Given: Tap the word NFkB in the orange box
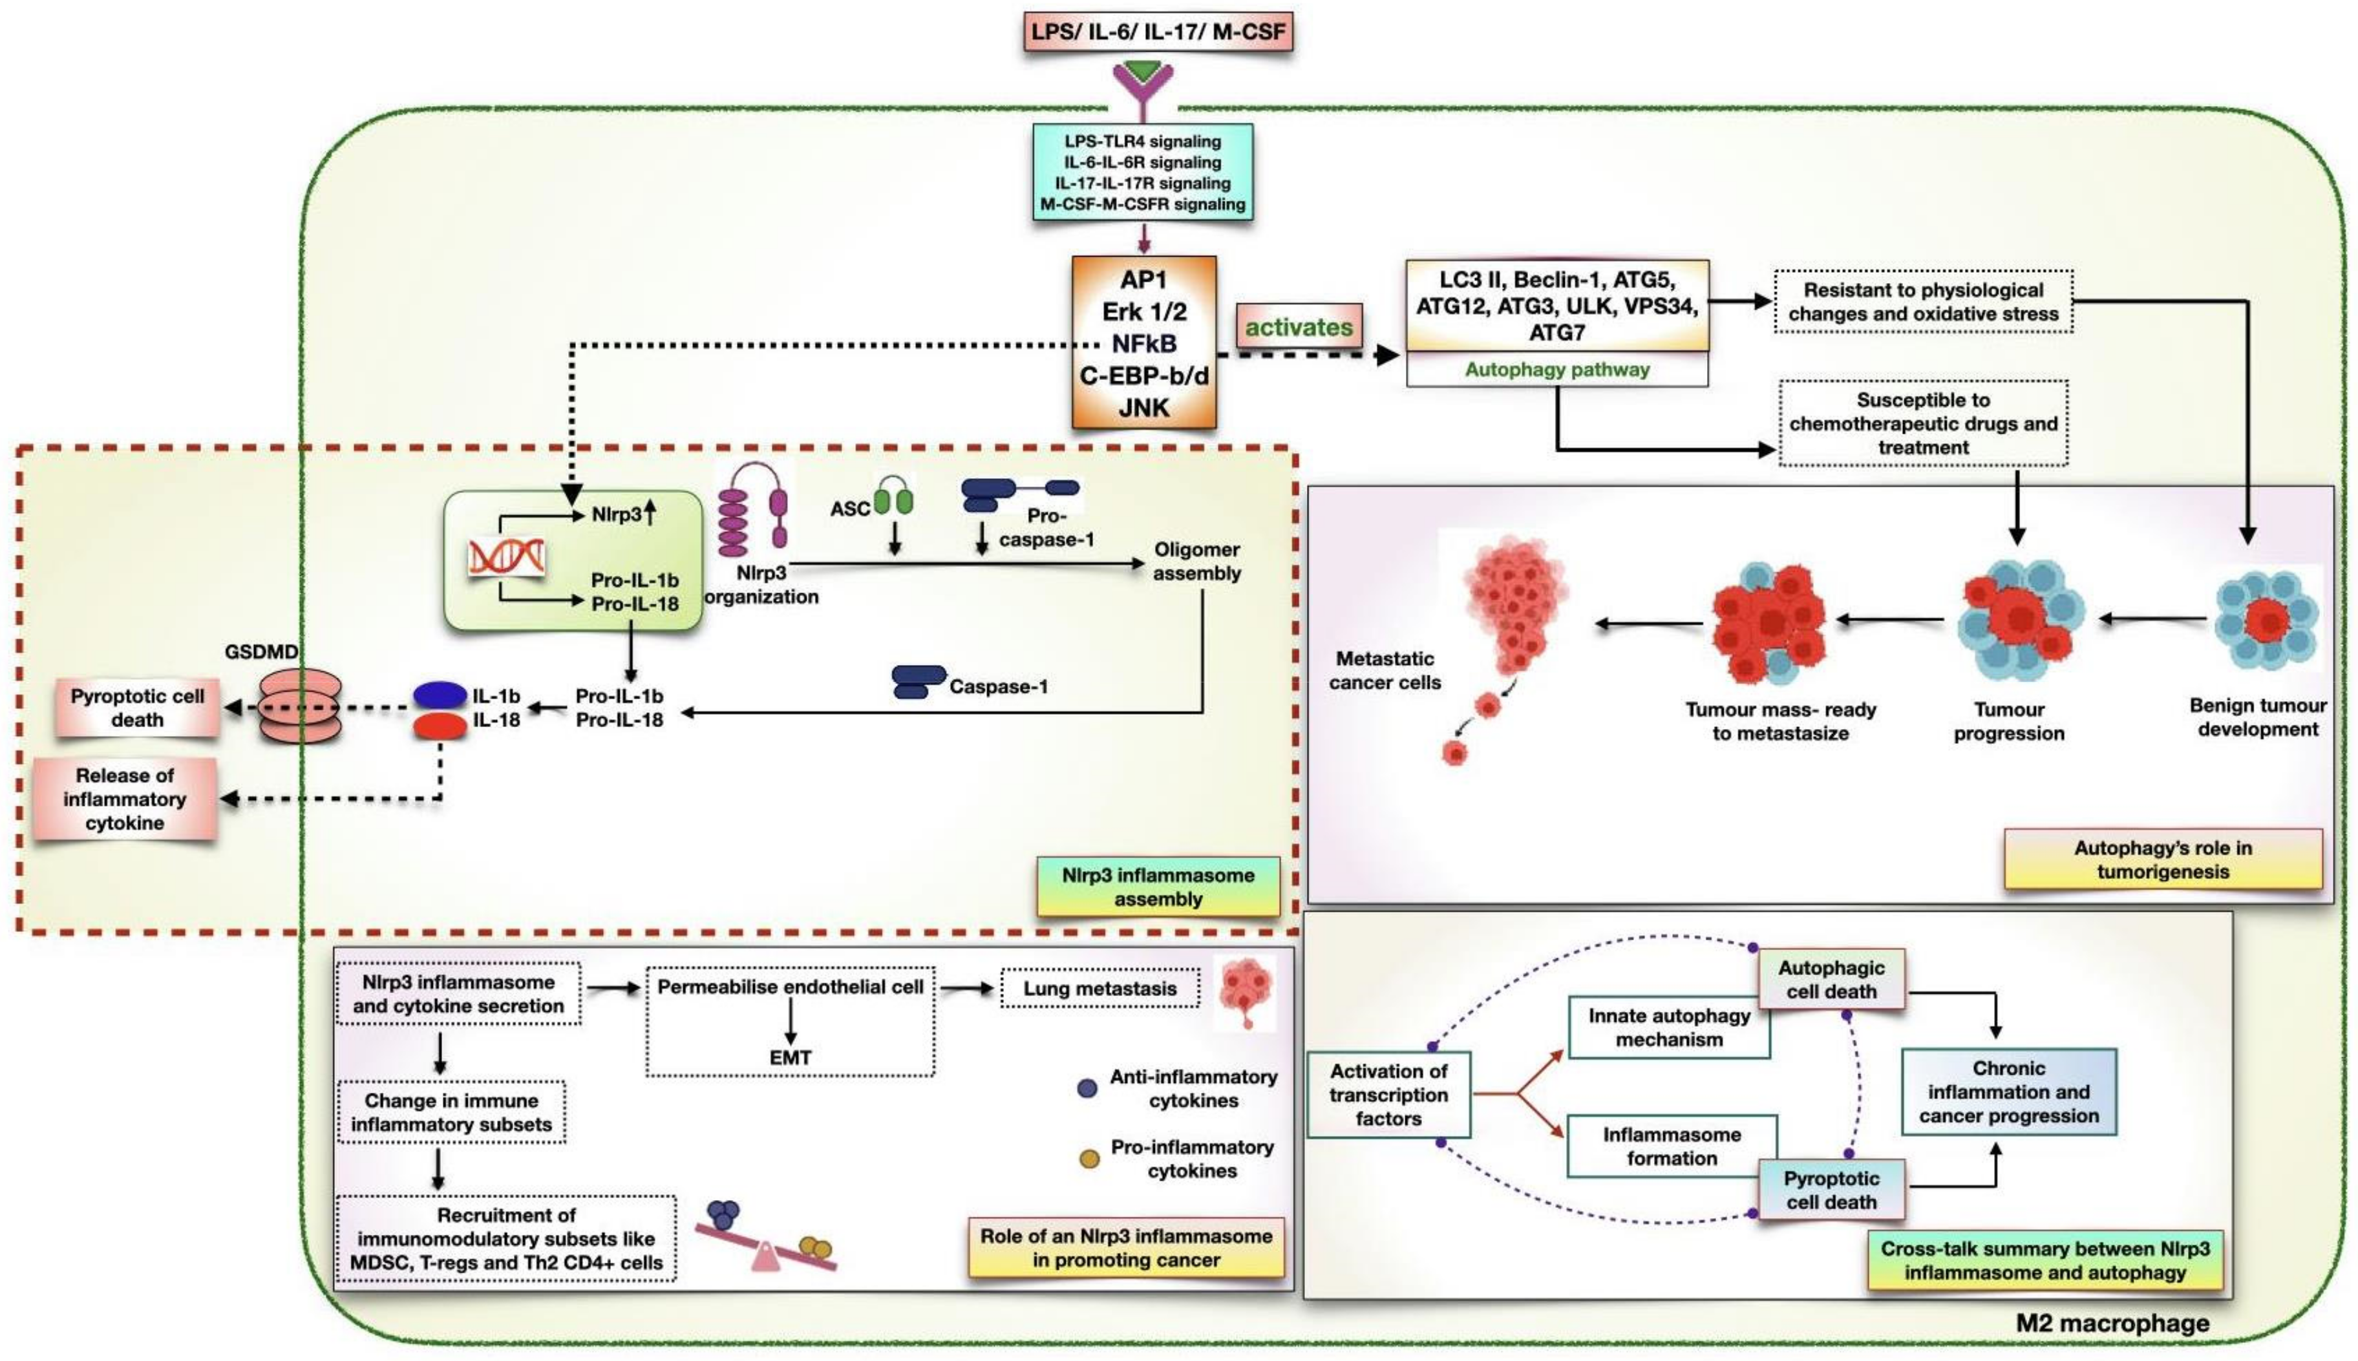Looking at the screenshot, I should point(1143,343).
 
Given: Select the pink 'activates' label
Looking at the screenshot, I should point(1298,327).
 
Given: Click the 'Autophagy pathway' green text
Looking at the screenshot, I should point(1556,369).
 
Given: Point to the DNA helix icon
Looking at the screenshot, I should point(507,557).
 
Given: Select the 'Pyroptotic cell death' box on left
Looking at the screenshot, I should point(138,708).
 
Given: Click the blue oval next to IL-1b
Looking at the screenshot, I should point(440,695).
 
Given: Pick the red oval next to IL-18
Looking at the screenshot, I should point(440,725).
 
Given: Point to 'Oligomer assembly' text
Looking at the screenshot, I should point(1196,561).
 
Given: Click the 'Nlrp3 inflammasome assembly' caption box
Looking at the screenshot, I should point(1158,886).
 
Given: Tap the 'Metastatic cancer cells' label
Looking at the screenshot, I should point(1385,670).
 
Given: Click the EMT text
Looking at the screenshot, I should point(790,1057).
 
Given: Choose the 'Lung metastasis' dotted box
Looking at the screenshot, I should point(1099,989).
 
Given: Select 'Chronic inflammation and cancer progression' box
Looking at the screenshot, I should point(2008,1092).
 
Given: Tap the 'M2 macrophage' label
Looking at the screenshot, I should point(2112,1323).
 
